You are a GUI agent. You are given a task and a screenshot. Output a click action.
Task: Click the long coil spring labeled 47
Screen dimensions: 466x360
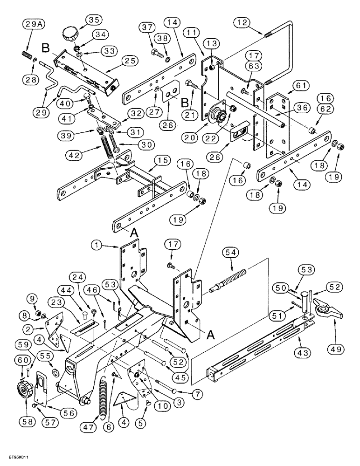pos(104,396)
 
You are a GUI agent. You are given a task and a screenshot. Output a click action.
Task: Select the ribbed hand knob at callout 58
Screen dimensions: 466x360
pos(24,388)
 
